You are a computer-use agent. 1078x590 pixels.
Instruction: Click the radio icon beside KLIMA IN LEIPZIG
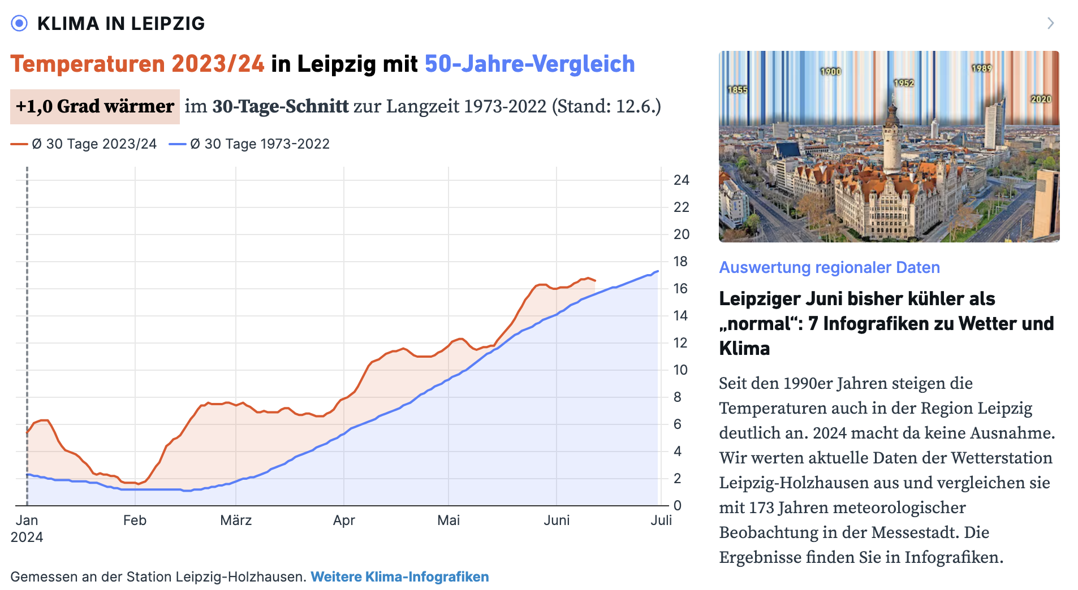click(x=19, y=23)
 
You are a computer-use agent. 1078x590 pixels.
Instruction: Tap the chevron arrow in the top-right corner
click(x=1050, y=23)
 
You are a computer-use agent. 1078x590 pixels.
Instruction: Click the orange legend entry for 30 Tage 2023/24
click(x=84, y=144)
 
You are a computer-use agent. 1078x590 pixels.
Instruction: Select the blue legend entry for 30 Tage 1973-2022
click(x=249, y=144)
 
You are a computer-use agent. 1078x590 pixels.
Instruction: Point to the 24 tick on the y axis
click(x=681, y=180)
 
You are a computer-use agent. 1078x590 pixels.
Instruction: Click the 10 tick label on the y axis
click(x=680, y=370)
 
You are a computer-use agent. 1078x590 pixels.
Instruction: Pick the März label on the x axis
click(x=236, y=520)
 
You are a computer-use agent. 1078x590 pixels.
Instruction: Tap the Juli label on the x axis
click(x=661, y=520)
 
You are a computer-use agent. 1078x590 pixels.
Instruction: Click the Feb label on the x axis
click(x=135, y=520)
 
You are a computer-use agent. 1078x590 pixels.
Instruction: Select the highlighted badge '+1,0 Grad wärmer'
click(x=95, y=106)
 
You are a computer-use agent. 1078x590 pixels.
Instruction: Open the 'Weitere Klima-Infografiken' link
click(x=399, y=577)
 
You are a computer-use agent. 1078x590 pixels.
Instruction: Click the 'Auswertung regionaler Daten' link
click(x=829, y=267)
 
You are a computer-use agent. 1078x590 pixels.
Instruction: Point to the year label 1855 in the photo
click(x=738, y=90)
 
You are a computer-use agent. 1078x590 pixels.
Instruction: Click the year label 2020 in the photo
click(x=1041, y=99)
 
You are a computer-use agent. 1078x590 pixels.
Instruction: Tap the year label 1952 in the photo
click(x=904, y=83)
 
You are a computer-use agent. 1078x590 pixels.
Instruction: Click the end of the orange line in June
click(x=595, y=280)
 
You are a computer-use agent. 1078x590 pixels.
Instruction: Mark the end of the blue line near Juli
click(x=658, y=271)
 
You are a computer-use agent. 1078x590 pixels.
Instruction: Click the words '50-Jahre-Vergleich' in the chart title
click(x=529, y=64)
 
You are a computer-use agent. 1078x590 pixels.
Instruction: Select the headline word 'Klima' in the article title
click(x=744, y=349)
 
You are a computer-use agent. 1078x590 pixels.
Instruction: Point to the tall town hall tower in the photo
click(x=892, y=136)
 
